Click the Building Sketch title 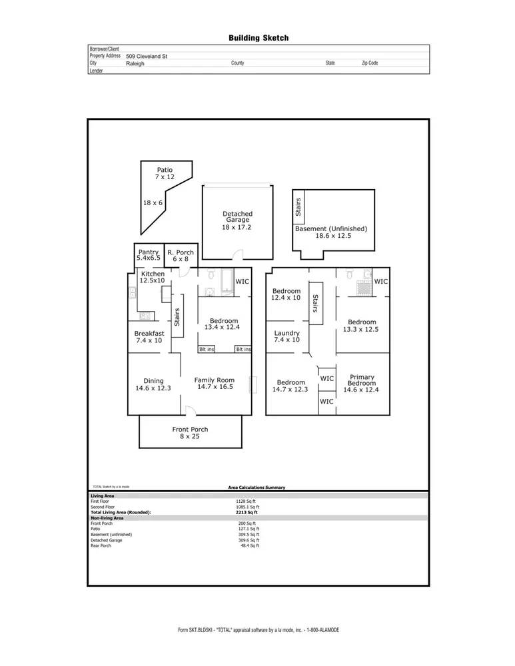point(258,39)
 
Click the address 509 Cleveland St point(146,57)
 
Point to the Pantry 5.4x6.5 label point(149,255)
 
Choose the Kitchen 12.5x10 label point(153,278)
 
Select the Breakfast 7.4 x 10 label point(149,337)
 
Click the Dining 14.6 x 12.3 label point(153,384)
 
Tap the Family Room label point(214,383)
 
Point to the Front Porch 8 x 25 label point(190,433)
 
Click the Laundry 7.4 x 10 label point(286,336)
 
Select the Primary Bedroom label point(362,380)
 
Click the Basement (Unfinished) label point(330,232)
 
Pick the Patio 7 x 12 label point(165,174)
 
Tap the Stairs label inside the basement point(298,207)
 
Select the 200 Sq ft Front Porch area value point(246,523)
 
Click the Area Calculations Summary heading point(257,487)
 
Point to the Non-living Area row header point(107,517)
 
